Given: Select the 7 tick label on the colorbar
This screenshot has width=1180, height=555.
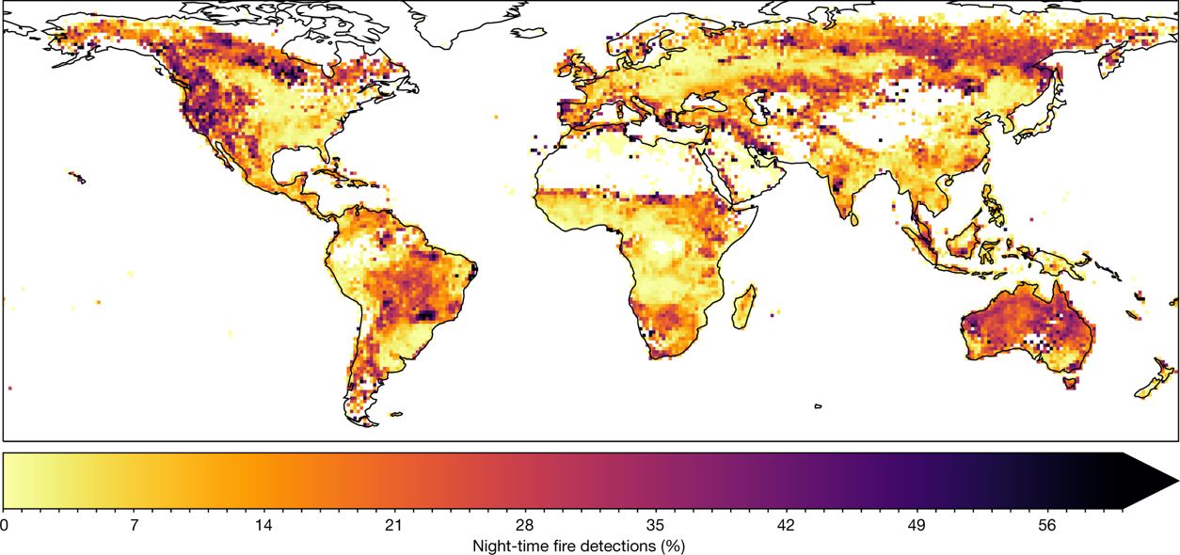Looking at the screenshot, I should [x=135, y=526].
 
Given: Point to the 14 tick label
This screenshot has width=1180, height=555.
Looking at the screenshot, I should [x=264, y=526].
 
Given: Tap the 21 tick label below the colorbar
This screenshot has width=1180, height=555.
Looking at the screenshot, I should [x=394, y=526].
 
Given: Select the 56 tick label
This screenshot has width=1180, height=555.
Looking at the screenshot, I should [x=1046, y=526].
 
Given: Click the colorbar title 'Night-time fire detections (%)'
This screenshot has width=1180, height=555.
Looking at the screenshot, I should [x=578, y=545].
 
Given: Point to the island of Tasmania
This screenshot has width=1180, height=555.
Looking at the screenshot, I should [x=1069, y=382].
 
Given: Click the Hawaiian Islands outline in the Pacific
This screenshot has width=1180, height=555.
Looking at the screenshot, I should [x=76, y=178].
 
